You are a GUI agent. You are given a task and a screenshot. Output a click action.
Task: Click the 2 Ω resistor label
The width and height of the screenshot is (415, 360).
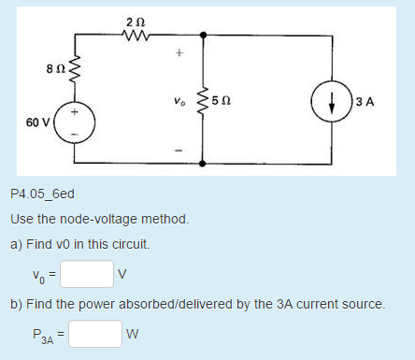click(131, 21)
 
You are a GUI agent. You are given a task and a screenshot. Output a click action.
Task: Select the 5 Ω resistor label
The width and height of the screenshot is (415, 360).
click(221, 101)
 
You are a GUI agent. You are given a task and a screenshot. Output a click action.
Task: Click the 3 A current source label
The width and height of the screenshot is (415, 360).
click(365, 102)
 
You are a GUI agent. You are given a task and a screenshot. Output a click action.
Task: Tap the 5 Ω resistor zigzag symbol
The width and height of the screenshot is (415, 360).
click(205, 101)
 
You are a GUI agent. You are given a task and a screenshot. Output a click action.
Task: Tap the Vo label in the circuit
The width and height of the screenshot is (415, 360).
click(179, 101)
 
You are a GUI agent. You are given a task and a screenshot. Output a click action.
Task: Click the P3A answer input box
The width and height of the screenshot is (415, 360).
click(94, 333)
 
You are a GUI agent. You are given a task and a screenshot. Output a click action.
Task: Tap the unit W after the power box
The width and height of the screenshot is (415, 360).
click(136, 334)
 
